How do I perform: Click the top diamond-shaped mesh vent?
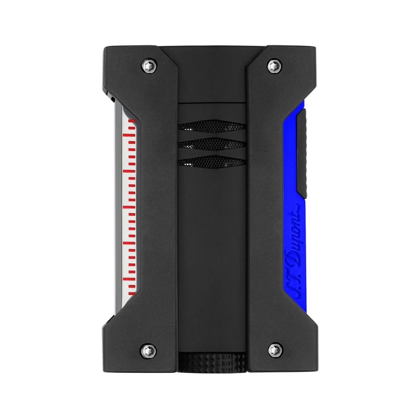211,126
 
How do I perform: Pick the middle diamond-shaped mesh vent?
211,145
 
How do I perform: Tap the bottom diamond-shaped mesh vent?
211,162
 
